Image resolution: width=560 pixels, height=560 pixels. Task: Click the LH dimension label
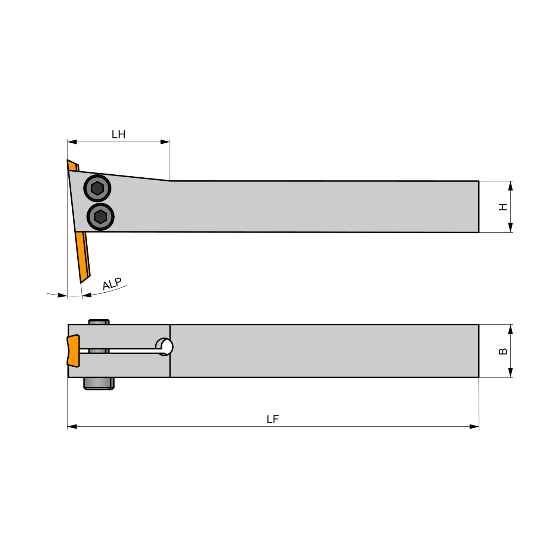(x=118, y=134)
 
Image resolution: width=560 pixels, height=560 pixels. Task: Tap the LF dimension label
(x=273, y=419)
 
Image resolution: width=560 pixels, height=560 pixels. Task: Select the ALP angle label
(x=112, y=284)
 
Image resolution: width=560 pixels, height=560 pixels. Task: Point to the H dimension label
(x=503, y=207)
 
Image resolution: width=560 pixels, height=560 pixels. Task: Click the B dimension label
(x=503, y=351)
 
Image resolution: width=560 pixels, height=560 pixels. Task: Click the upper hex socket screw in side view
(x=97, y=188)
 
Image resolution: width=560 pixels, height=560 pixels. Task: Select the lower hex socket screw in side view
(x=100, y=217)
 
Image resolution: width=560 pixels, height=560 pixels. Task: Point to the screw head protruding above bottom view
(x=99, y=322)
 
